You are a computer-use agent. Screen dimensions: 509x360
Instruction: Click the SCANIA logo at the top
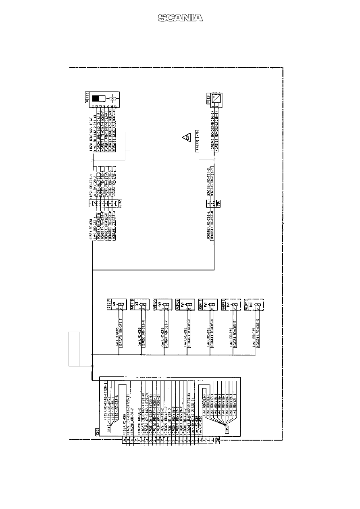[180, 17]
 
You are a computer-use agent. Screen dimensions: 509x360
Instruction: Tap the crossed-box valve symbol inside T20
[113, 98]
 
